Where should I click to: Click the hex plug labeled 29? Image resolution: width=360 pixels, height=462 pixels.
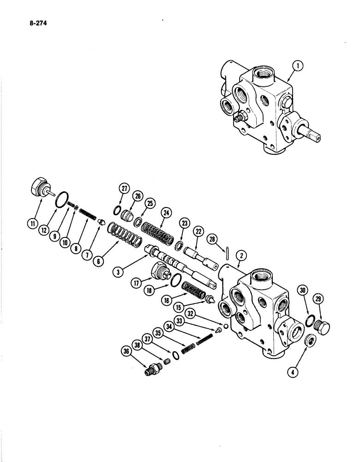320,325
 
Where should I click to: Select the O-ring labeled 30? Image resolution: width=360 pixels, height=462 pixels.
311,320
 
